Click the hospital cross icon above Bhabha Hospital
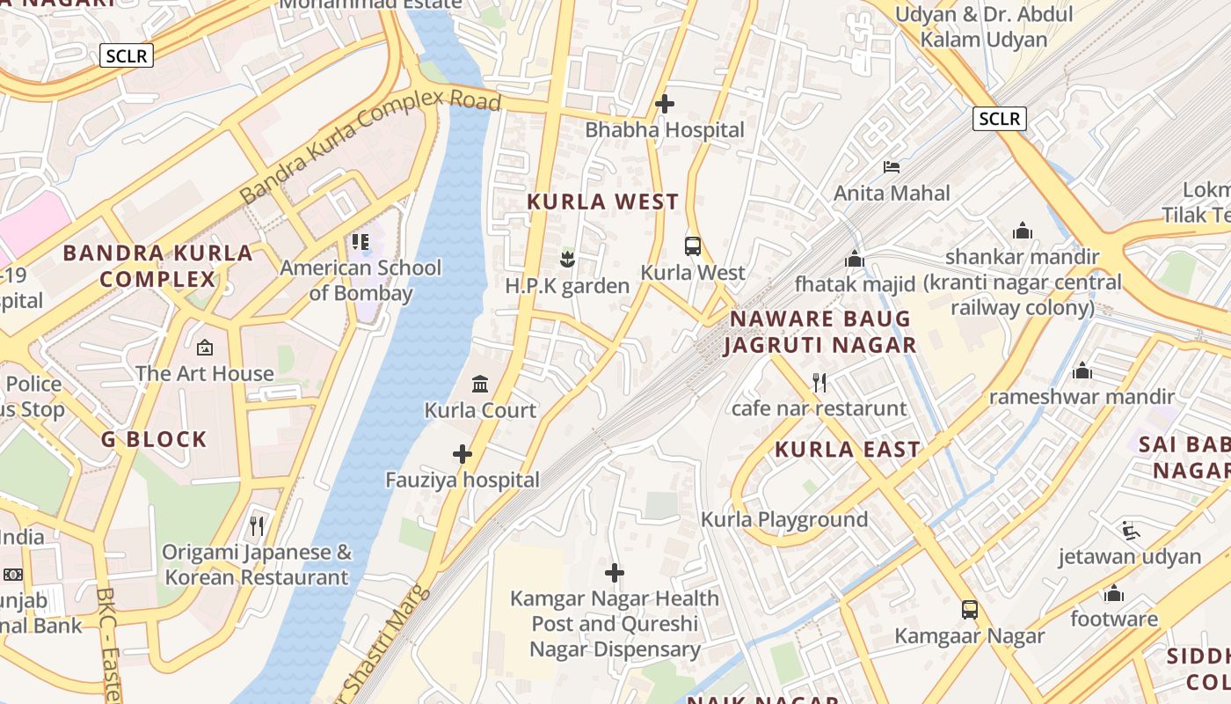pos(665,104)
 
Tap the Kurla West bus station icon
pos(693,246)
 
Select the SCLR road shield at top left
pos(127,56)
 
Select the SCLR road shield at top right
pos(1000,118)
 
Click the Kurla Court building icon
pos(480,384)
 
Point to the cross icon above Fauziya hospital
pos(463,454)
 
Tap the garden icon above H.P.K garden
pos(567,259)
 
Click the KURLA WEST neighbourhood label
pos(603,202)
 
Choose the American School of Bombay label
pos(361,280)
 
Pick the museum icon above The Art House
pos(205,348)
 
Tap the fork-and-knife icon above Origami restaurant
pos(257,526)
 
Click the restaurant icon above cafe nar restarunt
pos(819,382)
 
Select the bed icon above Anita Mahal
pos(892,166)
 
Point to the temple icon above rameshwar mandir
pos(1082,370)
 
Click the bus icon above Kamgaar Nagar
pos(970,609)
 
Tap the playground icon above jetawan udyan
pos(1130,530)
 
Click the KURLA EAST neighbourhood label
pos(847,450)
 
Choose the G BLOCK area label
pos(154,439)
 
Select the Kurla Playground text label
pos(784,519)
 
